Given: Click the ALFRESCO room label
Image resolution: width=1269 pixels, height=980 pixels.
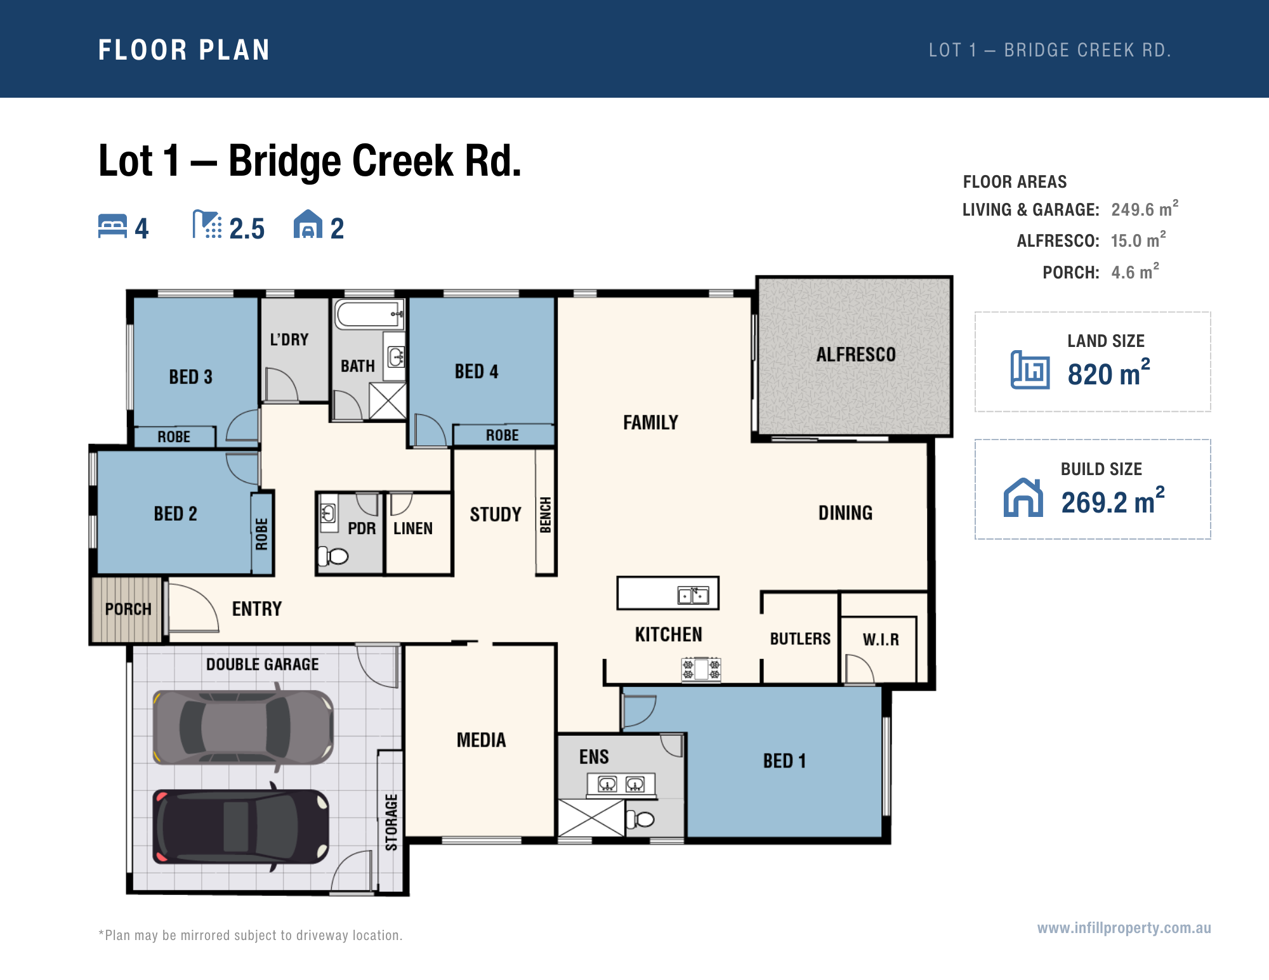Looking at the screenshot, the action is click(x=856, y=355).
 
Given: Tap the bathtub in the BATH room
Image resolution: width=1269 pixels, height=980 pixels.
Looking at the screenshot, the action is click(x=369, y=314).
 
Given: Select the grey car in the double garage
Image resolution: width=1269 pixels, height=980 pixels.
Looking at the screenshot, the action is click(x=243, y=727).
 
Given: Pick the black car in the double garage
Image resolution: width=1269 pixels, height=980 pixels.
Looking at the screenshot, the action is click(x=241, y=826).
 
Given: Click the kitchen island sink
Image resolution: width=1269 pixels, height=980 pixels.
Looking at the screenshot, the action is click(x=693, y=595).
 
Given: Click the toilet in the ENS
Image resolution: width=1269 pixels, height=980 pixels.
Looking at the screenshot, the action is click(x=640, y=819).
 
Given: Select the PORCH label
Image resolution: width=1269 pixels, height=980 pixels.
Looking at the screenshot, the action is click(x=128, y=609).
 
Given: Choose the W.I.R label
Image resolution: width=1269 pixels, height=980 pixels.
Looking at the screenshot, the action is click(x=881, y=639).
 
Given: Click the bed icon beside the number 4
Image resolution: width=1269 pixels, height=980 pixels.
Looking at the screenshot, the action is click(x=112, y=226).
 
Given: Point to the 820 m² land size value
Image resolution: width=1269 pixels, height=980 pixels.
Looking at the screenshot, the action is click(x=1108, y=372).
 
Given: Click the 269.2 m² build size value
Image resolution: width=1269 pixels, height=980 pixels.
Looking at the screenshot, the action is click(x=1113, y=501).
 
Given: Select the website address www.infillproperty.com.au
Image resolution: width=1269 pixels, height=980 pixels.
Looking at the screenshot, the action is click(x=1124, y=928).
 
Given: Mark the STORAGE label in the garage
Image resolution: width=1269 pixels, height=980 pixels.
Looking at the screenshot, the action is click(x=391, y=822).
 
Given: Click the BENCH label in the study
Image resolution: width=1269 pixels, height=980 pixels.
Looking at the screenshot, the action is click(x=545, y=515).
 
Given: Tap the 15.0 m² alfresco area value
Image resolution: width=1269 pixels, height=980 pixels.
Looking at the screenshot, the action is click(x=1138, y=239).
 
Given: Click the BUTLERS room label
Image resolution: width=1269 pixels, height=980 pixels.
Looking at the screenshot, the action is click(x=800, y=639).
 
